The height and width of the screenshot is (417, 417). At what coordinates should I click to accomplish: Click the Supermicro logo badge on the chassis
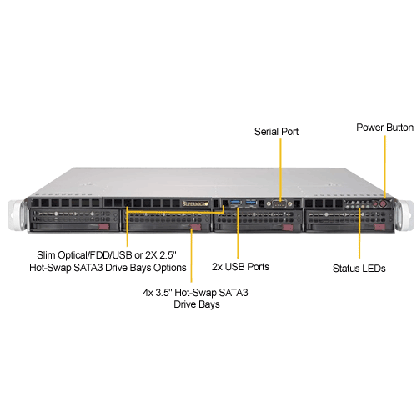(195, 203)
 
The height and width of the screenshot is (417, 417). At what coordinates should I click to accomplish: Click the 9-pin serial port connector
(279, 203)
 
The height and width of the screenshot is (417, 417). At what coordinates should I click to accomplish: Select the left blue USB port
(236, 203)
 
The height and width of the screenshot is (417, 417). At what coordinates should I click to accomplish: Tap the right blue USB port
(251, 203)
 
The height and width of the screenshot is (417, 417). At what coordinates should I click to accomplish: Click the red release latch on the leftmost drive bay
(103, 227)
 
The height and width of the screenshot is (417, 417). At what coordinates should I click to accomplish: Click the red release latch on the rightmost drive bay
(379, 227)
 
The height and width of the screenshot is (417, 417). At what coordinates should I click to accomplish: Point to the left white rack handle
(18, 215)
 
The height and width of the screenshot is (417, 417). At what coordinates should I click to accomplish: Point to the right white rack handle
(404, 215)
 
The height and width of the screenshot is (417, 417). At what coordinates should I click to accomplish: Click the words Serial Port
(276, 132)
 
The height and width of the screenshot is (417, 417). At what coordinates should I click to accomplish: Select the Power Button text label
(385, 128)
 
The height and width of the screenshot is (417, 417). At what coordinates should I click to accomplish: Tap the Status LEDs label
(359, 269)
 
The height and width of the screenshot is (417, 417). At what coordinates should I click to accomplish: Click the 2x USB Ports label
(240, 267)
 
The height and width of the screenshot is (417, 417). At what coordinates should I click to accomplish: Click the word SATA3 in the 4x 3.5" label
(234, 293)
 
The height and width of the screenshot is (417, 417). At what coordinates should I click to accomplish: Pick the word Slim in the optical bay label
(46, 255)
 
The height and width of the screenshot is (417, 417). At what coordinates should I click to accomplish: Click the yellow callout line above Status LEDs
(359, 233)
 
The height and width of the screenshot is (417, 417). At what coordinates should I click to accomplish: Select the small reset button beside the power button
(375, 204)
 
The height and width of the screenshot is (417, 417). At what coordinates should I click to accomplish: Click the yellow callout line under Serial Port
(280, 169)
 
